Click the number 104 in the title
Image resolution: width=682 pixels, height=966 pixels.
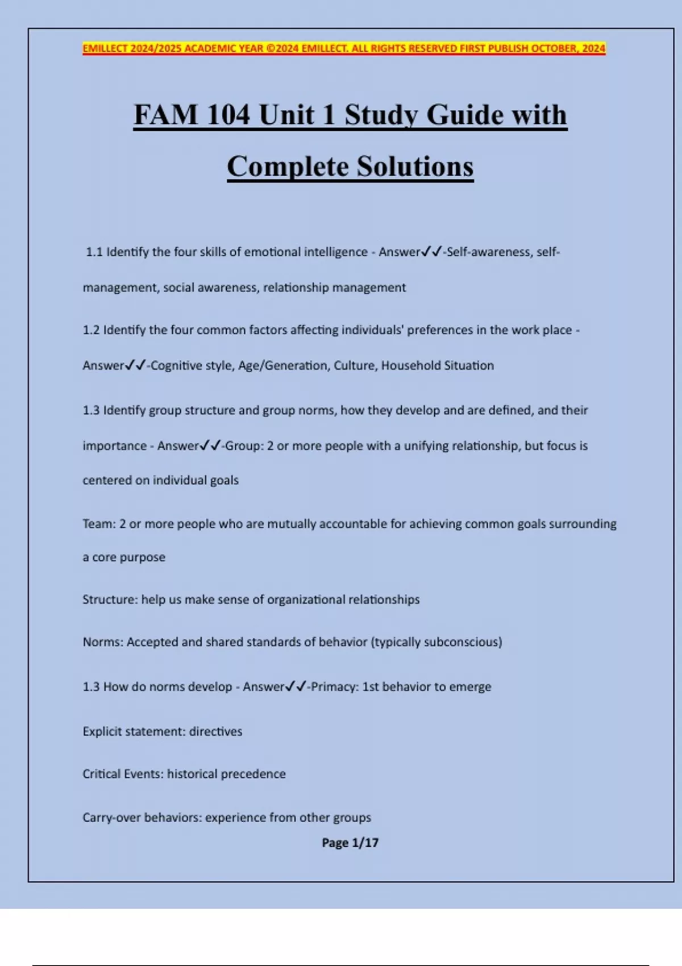pyautogui.click(x=227, y=115)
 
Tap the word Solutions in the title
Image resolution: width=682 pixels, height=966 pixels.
pyautogui.click(x=415, y=166)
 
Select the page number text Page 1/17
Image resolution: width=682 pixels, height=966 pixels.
pyautogui.click(x=350, y=843)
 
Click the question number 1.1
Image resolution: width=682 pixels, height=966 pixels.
pyautogui.click(x=94, y=252)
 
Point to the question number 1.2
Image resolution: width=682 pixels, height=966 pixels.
pyautogui.click(x=91, y=330)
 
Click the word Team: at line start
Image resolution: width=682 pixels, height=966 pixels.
pyautogui.click(x=99, y=524)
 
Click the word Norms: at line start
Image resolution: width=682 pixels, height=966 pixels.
pyautogui.click(x=103, y=642)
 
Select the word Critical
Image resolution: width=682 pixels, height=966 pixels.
pyautogui.click(x=101, y=774)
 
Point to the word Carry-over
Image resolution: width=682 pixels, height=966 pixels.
pyautogui.click(x=111, y=818)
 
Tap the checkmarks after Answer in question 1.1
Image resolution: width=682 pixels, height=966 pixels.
pyautogui.click(x=431, y=252)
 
